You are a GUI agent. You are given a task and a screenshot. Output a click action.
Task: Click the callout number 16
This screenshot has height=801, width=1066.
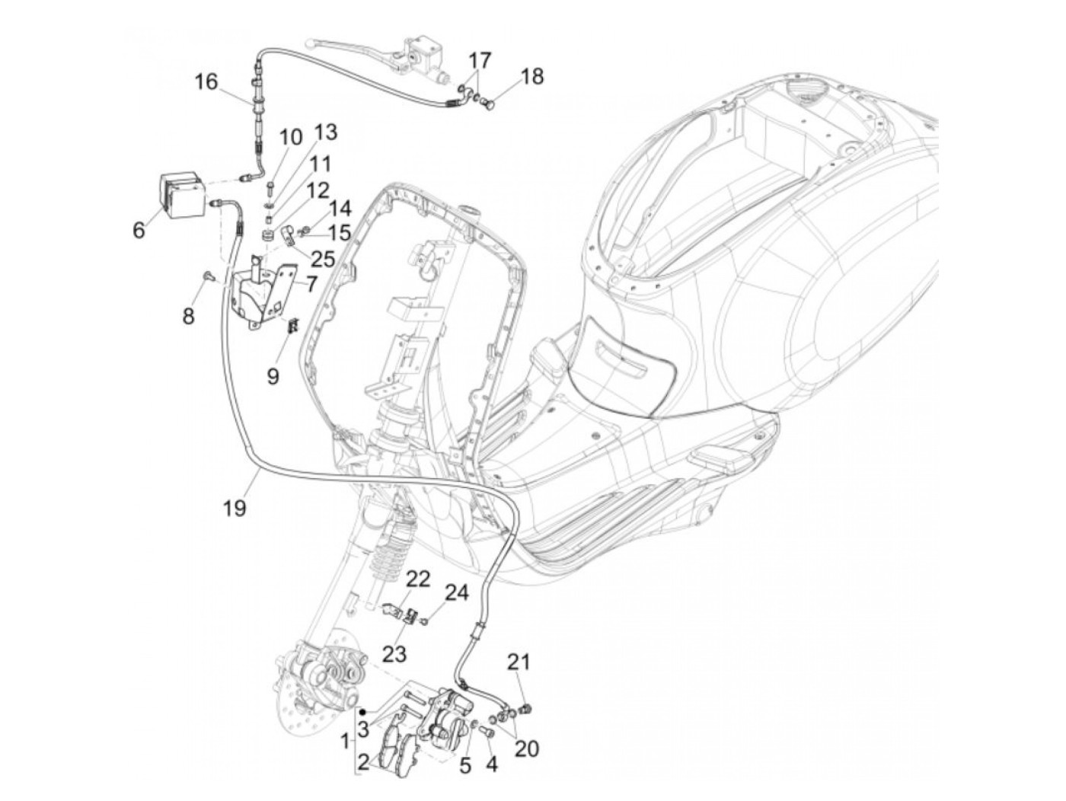pyautogui.click(x=206, y=81)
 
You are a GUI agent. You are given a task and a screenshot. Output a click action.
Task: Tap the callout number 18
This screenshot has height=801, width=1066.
pyautogui.click(x=532, y=76)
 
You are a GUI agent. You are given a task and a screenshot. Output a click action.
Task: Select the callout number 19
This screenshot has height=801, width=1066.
pyautogui.click(x=235, y=508)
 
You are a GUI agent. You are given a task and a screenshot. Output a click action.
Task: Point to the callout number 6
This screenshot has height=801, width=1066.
pyautogui.click(x=139, y=228)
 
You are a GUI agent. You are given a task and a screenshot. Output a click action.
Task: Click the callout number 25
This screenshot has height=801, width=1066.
pyautogui.click(x=323, y=259)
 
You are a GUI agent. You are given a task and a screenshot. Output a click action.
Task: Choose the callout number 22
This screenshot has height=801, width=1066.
pyautogui.click(x=417, y=579)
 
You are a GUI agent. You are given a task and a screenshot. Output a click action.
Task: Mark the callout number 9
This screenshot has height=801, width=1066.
pyautogui.click(x=273, y=375)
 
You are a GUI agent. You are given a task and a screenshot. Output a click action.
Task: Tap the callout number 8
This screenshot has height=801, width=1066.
pyautogui.click(x=188, y=315)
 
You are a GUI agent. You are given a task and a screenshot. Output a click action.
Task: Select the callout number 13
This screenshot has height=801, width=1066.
pyautogui.click(x=325, y=132)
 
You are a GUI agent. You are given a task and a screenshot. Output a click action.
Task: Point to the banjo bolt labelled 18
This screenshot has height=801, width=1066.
pyautogui.click(x=490, y=100)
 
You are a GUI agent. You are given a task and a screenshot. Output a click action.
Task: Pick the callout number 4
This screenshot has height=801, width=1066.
pyautogui.click(x=491, y=762)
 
